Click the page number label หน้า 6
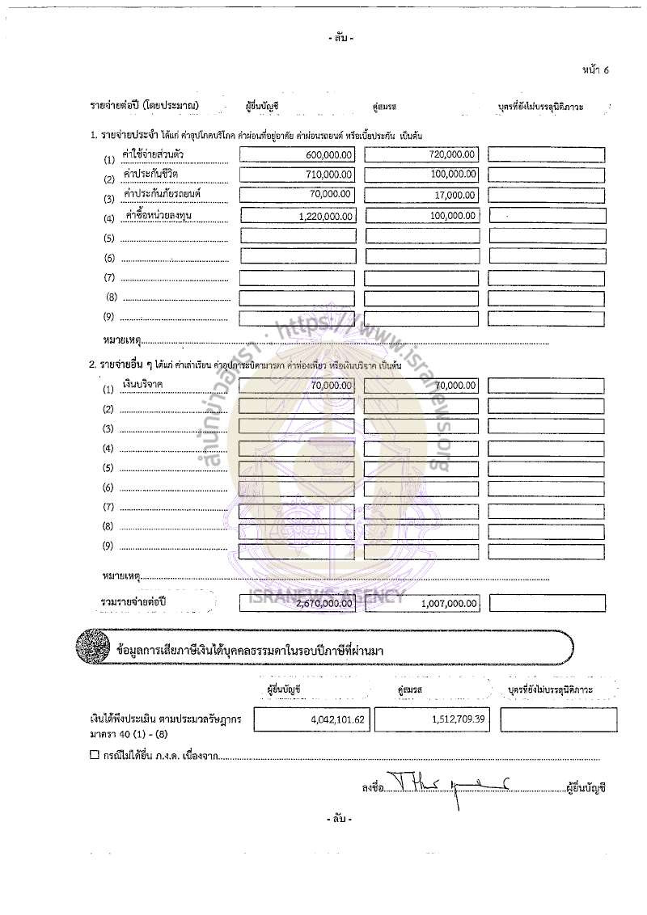[x=594, y=70]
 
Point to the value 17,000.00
[x=455, y=194]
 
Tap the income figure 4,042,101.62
[x=338, y=718]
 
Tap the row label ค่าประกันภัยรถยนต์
[x=161, y=194]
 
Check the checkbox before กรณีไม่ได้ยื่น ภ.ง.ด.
[x=95, y=756]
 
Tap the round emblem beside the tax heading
[x=91, y=647]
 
